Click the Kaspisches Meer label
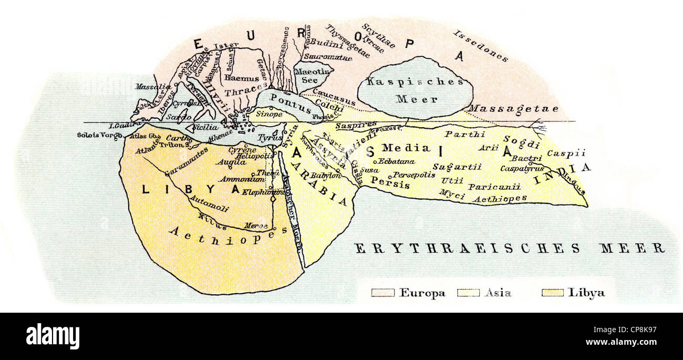(415, 90)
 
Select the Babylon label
(326, 176)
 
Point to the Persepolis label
(414, 174)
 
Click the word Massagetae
(505, 108)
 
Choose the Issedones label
(480, 46)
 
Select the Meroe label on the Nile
(256, 225)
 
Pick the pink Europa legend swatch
(382, 293)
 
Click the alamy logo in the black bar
(53, 336)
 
